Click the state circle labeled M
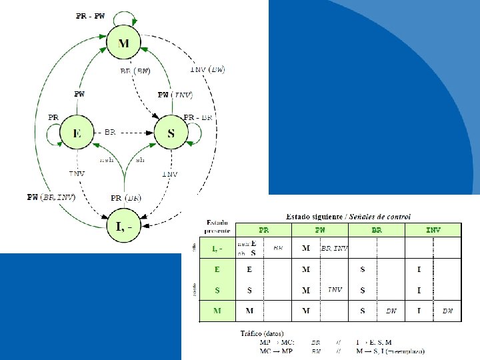tap(124, 44)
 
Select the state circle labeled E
tap(77, 134)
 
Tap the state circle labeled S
tap(171, 134)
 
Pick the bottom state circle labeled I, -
tap(124, 227)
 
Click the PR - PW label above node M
tap(89, 16)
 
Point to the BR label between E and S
tap(110, 133)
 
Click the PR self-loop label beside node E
tap(53, 117)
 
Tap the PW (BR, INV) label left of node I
tap(51, 197)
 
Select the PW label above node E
tap(79, 94)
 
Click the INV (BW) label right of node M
tap(207, 69)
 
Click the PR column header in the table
tap(264, 230)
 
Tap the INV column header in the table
tap(433, 230)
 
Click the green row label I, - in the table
tap(217, 249)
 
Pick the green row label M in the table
tap(217, 311)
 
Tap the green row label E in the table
tap(217, 270)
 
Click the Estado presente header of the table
tap(217, 225)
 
